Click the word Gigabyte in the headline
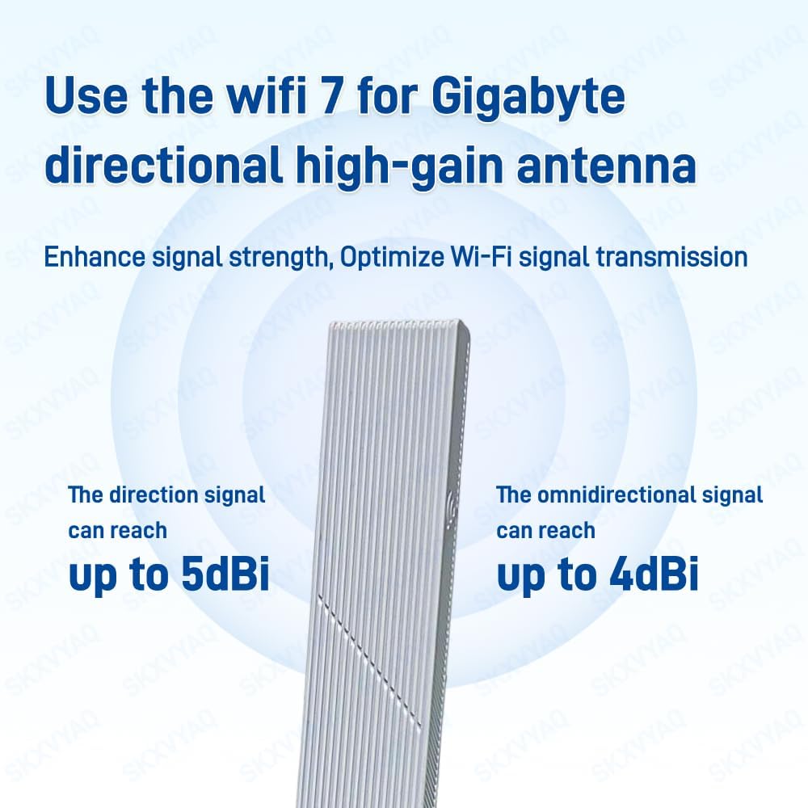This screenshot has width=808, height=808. [x=528, y=98]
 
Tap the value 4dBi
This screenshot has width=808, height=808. [x=646, y=574]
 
